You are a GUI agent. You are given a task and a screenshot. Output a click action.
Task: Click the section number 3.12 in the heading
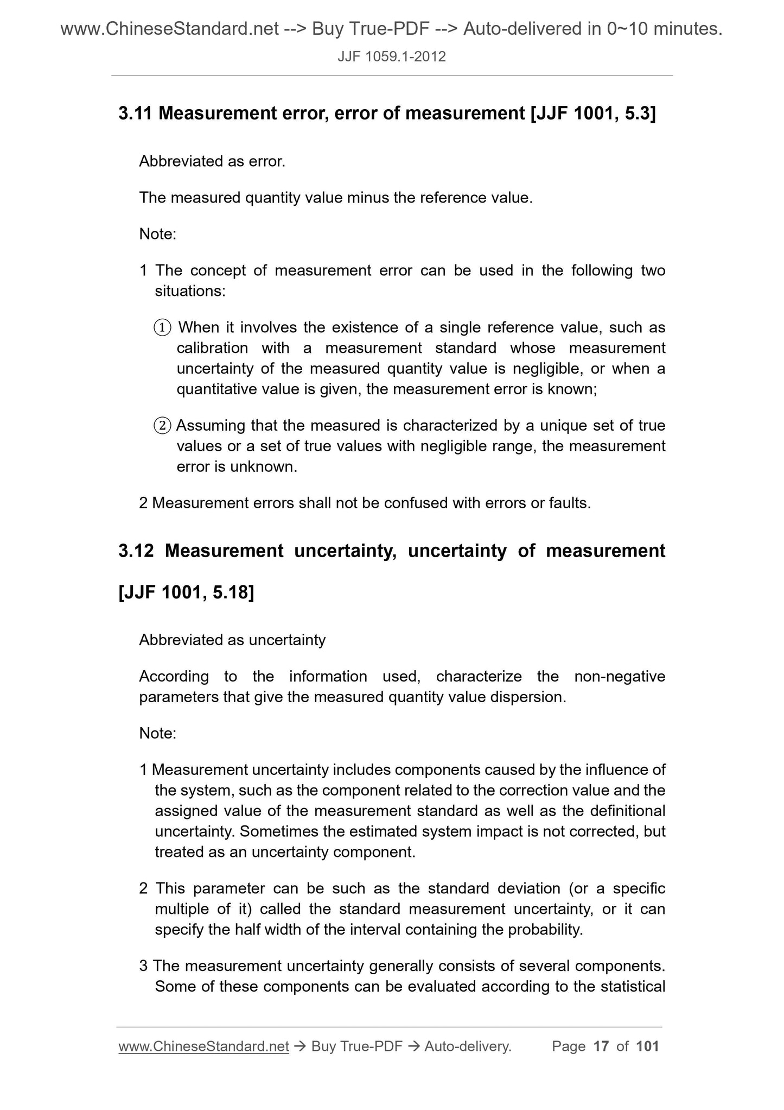136,551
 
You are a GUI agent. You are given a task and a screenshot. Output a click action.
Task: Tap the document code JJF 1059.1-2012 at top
392,56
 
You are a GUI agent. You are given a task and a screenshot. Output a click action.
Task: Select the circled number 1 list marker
163,328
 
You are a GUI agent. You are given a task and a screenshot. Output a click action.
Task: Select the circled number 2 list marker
163,426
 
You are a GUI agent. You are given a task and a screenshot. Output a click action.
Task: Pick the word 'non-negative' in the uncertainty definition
620,677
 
